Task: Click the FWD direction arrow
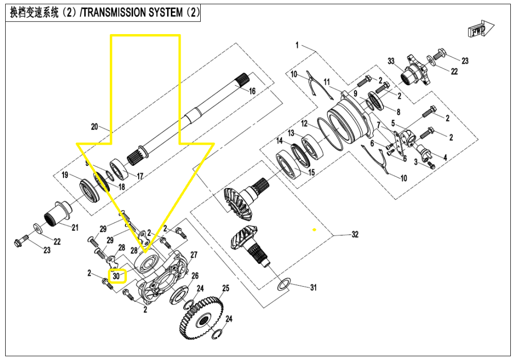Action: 481,31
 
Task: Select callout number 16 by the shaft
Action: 252,91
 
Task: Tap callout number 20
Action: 94,127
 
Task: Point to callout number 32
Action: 354,234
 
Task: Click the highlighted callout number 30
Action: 117,276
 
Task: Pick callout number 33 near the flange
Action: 390,62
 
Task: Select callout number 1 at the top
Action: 297,45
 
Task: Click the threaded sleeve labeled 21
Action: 58,213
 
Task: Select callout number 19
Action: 65,175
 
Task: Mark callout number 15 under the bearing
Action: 311,173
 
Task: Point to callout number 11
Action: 327,82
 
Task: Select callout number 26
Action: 194,276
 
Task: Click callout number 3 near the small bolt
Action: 416,162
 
